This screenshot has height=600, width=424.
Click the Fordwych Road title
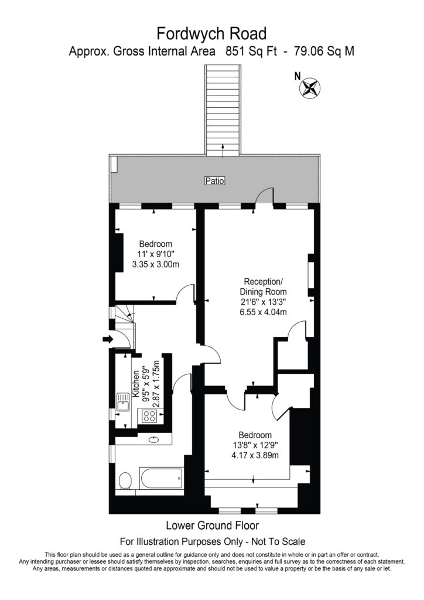click(x=211, y=32)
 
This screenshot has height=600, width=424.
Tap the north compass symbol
click(x=310, y=87)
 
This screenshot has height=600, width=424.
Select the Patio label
click(x=214, y=181)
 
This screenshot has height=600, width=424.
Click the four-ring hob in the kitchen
click(x=149, y=417)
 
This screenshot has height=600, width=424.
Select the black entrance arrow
click(x=108, y=339)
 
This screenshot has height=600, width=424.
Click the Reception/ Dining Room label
click(x=263, y=285)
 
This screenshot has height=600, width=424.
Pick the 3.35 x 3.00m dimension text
click(x=155, y=264)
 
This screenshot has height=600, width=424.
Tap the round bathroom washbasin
click(x=155, y=439)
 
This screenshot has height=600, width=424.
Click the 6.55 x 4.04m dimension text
click(x=263, y=312)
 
